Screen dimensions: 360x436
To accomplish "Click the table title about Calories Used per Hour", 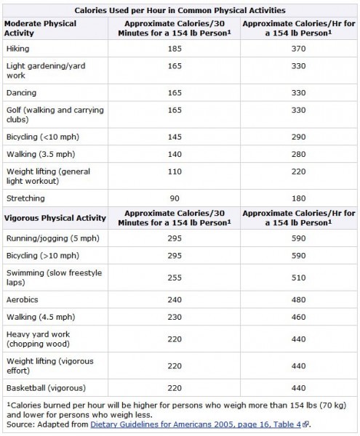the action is click(180, 10).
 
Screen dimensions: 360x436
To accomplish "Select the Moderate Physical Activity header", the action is click(41, 28).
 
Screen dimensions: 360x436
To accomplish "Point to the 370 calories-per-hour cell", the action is click(298, 48).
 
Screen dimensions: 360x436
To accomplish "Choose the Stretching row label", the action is click(25, 198).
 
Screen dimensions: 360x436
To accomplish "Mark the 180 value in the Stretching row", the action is click(298, 198).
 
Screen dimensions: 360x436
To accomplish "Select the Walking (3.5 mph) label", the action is click(36, 154).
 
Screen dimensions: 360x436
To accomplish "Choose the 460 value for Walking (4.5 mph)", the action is click(298, 317).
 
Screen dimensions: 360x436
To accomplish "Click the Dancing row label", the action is click(21, 93).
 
